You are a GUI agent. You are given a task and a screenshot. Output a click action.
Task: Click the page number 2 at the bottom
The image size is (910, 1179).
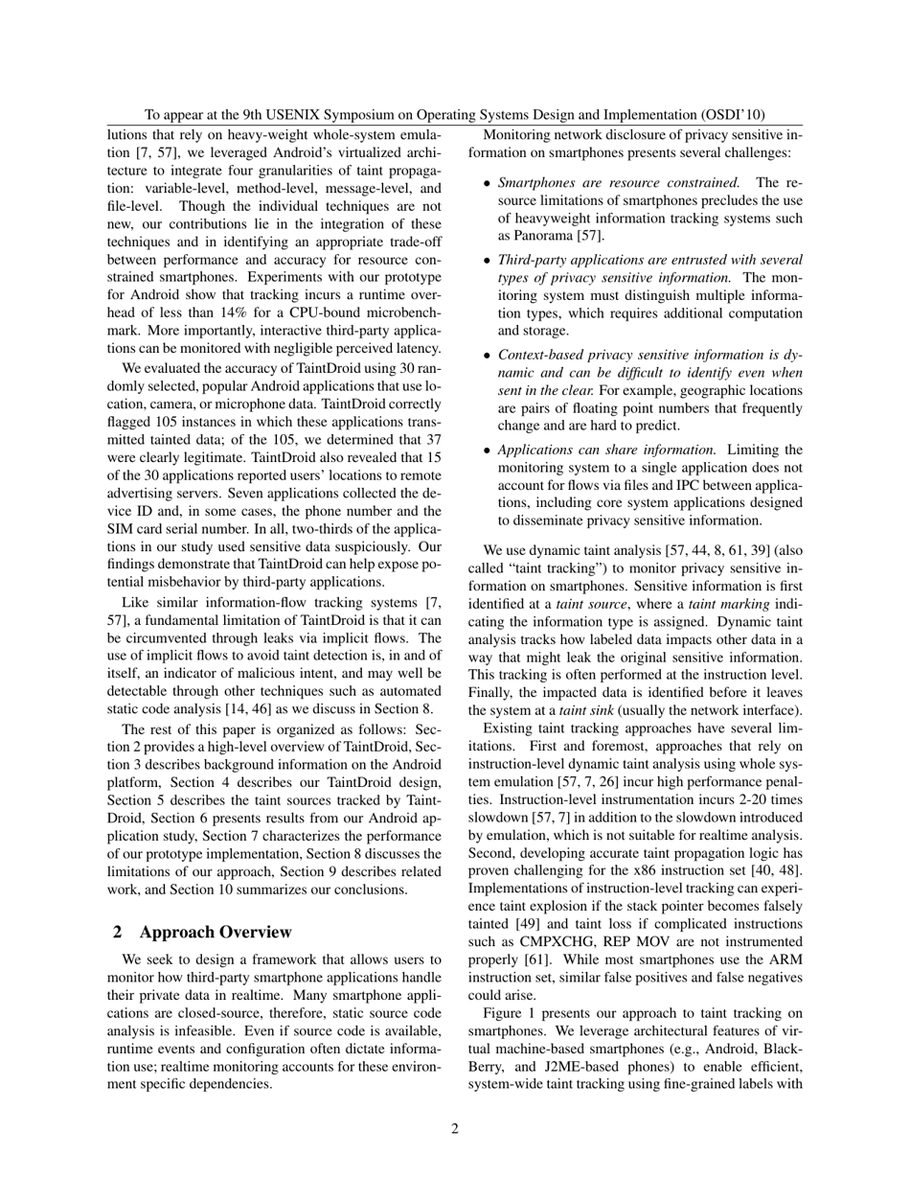coord(455,1128)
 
